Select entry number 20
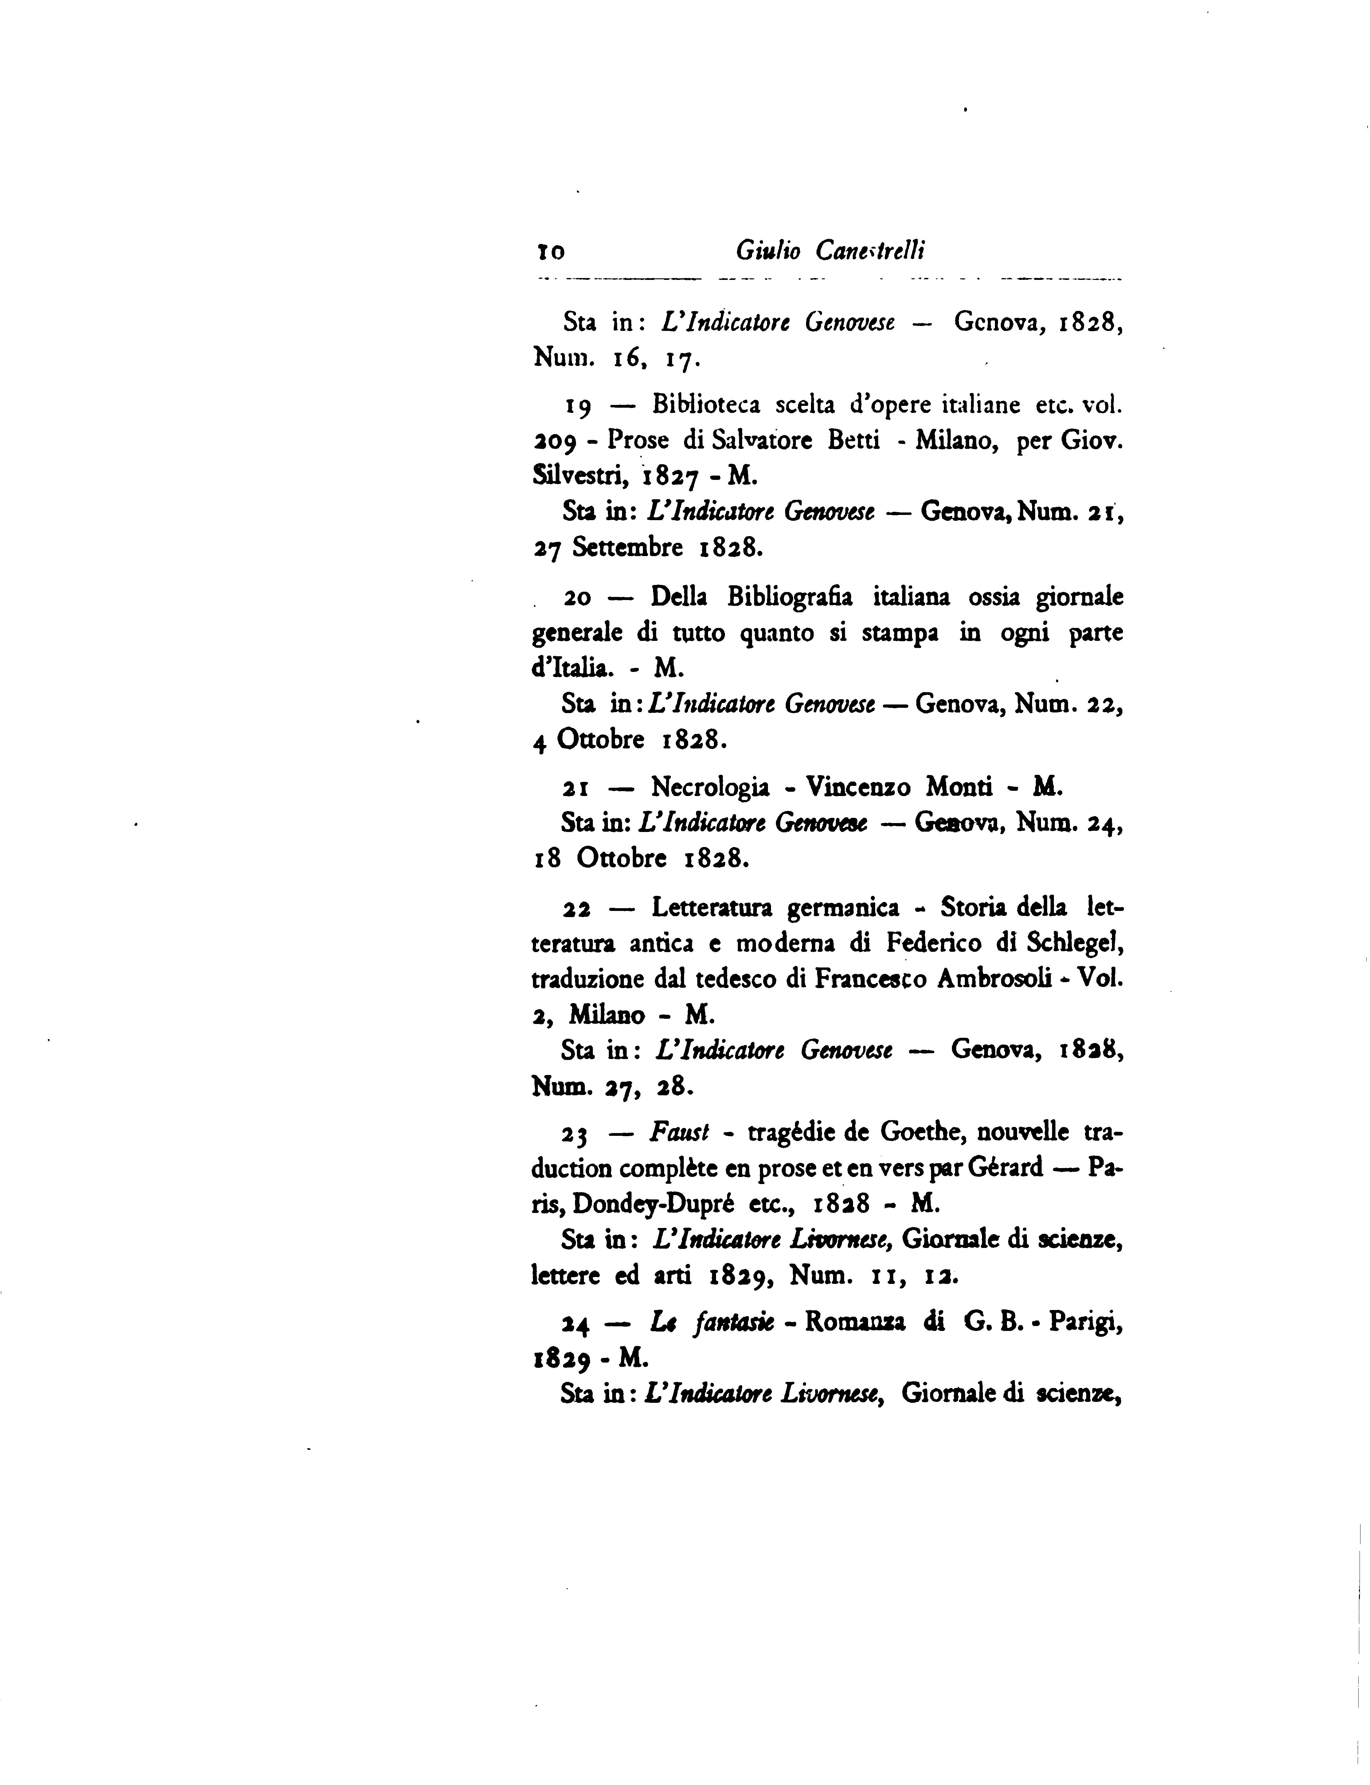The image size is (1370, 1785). click(577, 598)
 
